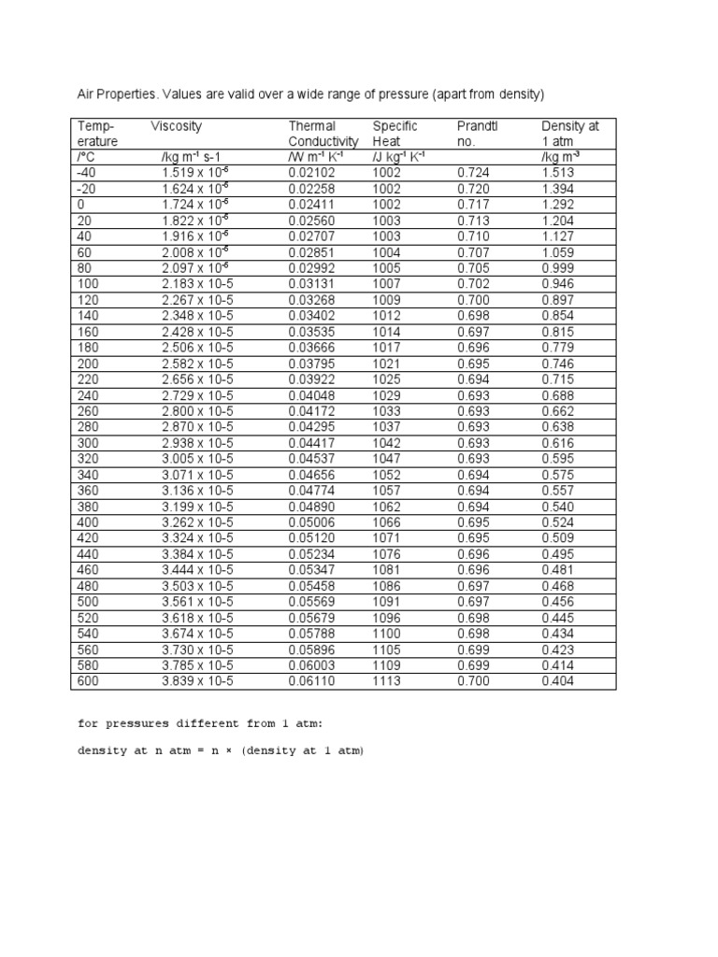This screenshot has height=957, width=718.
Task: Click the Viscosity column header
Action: click(176, 126)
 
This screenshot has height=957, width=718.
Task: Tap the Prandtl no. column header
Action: click(476, 134)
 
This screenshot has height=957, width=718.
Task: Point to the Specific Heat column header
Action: click(395, 134)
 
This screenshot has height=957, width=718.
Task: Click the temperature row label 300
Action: click(87, 443)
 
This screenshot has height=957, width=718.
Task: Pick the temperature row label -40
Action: click(86, 173)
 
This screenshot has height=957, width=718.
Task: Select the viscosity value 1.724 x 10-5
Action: click(196, 205)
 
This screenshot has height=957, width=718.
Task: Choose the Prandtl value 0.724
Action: click(474, 173)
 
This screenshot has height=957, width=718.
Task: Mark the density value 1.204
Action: click(558, 221)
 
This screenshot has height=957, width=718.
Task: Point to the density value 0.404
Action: click(558, 681)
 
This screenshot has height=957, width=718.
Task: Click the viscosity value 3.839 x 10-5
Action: click(196, 681)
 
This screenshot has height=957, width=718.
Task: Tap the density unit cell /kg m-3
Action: click(561, 157)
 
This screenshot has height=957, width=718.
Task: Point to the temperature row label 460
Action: click(87, 570)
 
